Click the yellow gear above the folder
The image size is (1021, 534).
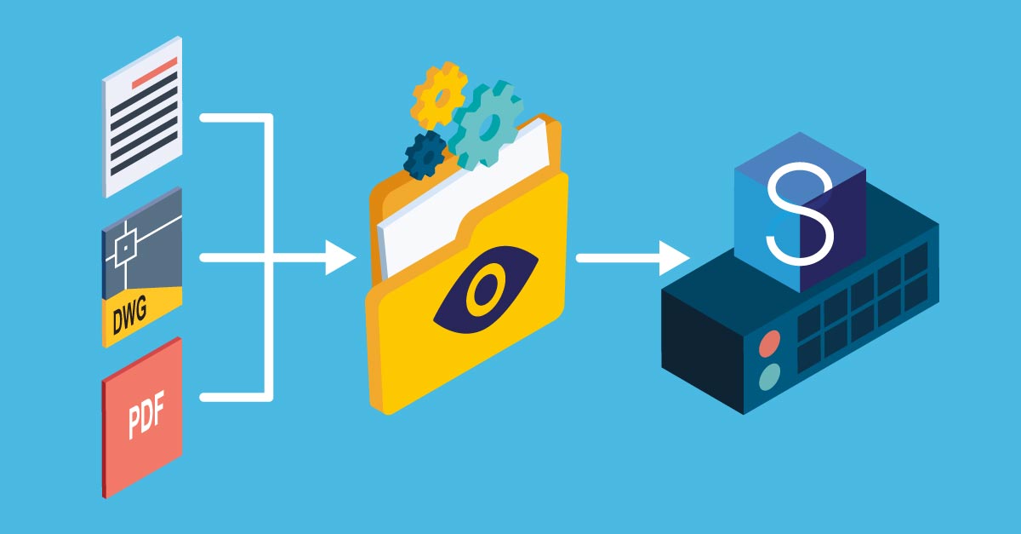click(438, 96)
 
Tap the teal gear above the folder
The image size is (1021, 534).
click(487, 124)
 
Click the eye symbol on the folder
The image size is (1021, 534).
click(486, 289)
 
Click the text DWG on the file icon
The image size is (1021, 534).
click(130, 315)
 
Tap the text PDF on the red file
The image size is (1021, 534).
click(145, 415)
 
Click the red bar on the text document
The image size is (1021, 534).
click(154, 73)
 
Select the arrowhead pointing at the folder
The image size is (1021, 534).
click(340, 258)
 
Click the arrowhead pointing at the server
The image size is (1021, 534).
click(675, 258)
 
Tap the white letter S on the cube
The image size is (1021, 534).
click(800, 215)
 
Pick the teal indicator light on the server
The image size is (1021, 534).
click(770, 377)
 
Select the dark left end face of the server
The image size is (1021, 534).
click(703, 352)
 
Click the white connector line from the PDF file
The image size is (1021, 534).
click(237, 397)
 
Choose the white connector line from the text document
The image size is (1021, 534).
click(237, 118)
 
